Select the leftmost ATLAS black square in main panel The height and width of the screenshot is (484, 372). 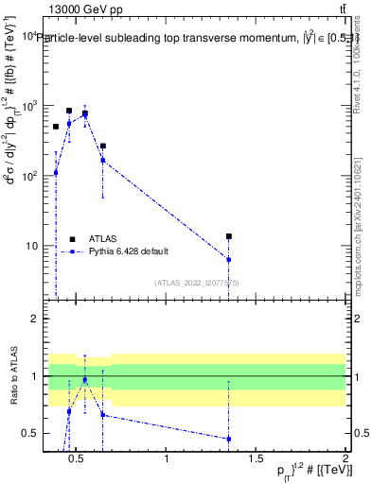(x=56, y=127)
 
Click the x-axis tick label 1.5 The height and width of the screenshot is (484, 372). (x=257, y=460)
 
